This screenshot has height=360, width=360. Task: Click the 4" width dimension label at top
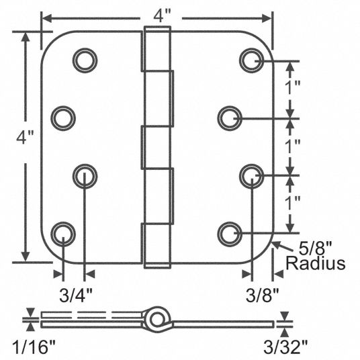(x=163, y=17)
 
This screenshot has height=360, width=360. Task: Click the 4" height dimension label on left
(x=26, y=137)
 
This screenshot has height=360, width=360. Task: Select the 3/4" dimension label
(x=76, y=295)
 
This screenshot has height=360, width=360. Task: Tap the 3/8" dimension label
(x=263, y=295)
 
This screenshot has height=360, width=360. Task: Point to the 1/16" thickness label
(x=34, y=347)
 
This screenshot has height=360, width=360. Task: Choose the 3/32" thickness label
(x=285, y=347)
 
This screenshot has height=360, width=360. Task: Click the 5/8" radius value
(x=316, y=249)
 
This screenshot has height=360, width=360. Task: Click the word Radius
(x=316, y=263)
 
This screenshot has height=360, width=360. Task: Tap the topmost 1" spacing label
(x=293, y=87)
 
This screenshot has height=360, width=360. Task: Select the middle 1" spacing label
(x=293, y=146)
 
